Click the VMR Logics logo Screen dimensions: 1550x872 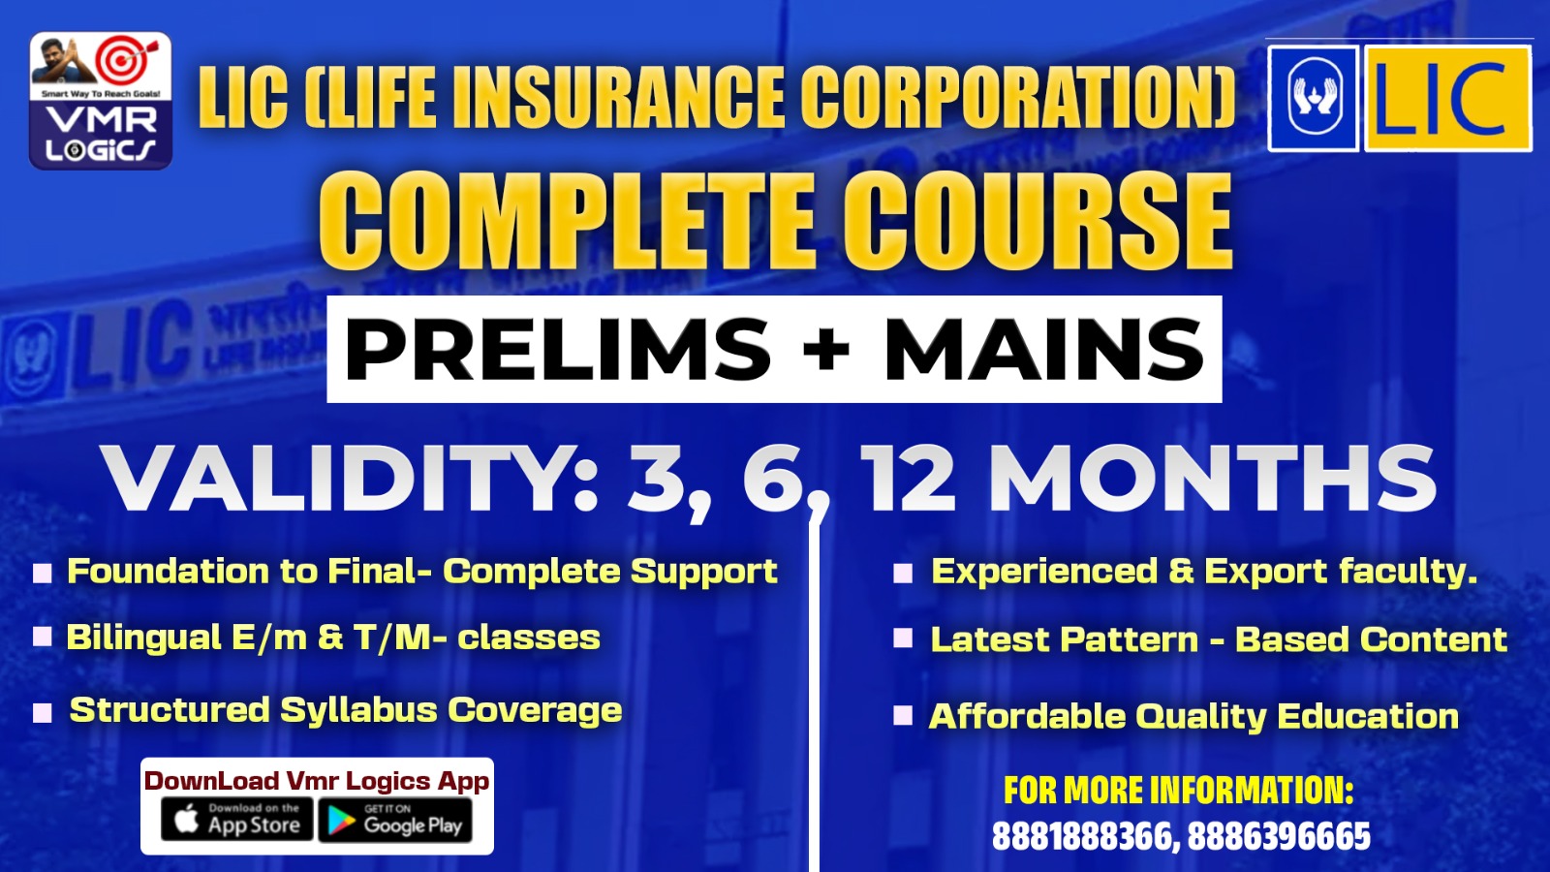101,101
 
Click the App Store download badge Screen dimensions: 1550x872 237,820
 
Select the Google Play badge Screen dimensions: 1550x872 395,820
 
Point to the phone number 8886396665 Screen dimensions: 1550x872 1279,836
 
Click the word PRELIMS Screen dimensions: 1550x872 558,349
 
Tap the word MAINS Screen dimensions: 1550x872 1043,349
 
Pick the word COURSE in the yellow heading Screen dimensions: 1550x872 1036,220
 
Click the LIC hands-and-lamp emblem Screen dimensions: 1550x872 1313,99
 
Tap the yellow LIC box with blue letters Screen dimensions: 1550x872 1447,99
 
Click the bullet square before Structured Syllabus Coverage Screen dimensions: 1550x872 43,713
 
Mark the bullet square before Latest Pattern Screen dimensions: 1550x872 902,638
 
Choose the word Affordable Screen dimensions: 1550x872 1027,716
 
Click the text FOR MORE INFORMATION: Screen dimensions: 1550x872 1178,791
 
